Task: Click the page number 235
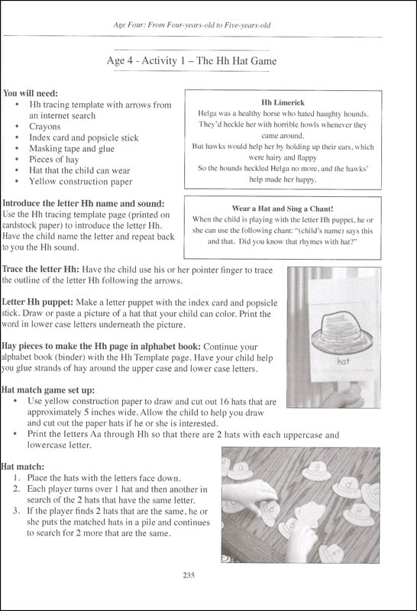(x=208, y=577)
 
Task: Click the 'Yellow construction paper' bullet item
(x=80, y=182)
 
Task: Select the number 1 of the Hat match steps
(x=18, y=478)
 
